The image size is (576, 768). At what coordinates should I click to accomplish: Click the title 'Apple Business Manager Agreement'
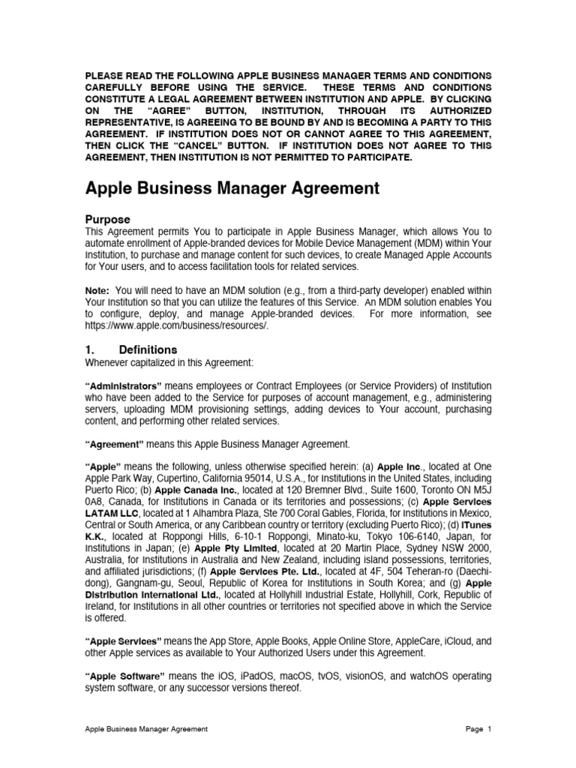(x=232, y=188)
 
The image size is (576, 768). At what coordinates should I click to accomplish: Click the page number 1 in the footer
(x=488, y=729)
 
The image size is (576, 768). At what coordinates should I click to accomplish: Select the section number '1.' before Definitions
(x=90, y=349)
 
